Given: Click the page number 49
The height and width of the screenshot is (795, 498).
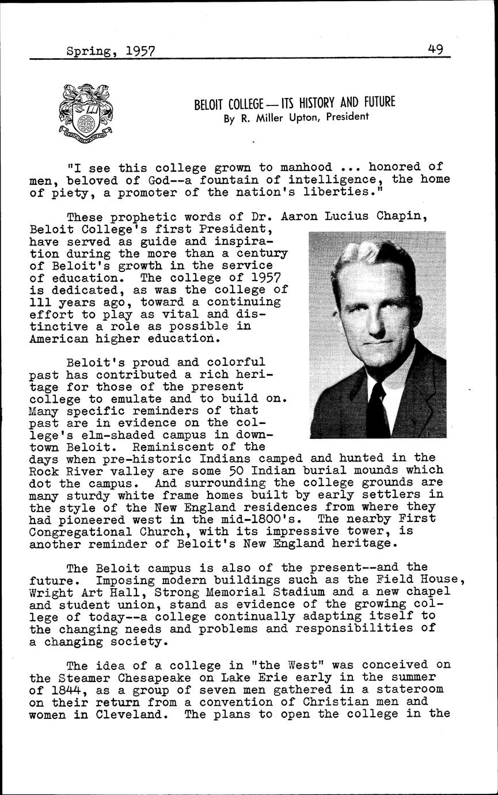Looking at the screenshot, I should tap(435, 50).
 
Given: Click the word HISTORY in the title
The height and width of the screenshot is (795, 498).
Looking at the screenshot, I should tap(313, 104).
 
